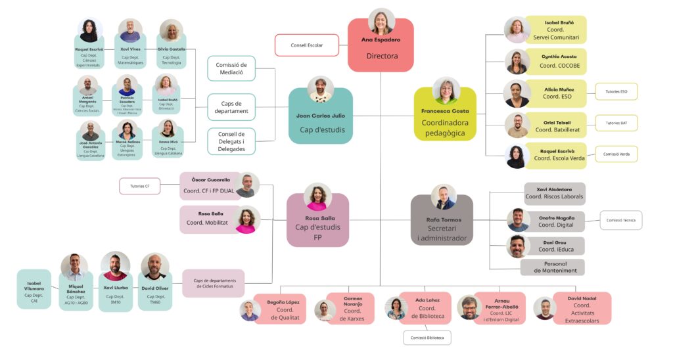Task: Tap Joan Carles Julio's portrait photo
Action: coord(321,89)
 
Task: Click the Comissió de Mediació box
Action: coord(231,69)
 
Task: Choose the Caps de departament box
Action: coord(231,107)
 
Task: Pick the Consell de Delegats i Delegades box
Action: coord(231,141)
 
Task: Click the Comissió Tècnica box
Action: coord(620,220)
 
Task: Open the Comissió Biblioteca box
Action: coord(427,338)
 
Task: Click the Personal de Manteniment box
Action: coord(552,267)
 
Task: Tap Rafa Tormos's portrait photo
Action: coord(444,197)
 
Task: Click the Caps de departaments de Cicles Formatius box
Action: coord(213,284)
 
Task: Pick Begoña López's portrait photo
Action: coord(250,310)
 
